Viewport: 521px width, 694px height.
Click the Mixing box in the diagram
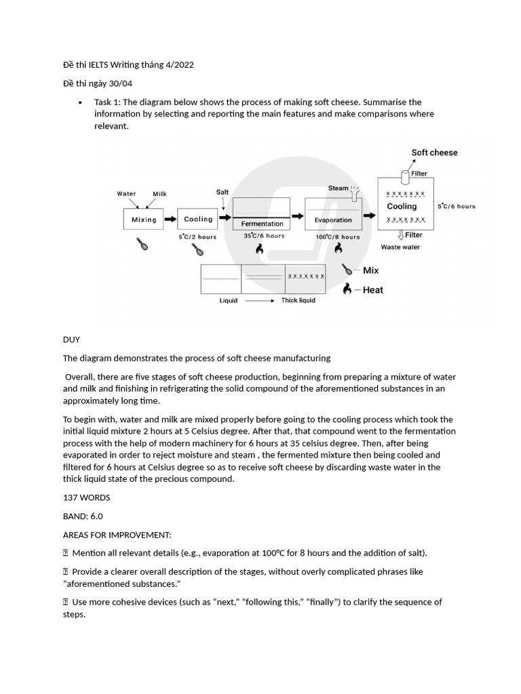[144, 220]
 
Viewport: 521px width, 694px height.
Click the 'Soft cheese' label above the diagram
[434, 152]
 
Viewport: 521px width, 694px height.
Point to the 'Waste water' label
[400, 247]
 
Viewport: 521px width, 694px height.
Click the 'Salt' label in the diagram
[223, 192]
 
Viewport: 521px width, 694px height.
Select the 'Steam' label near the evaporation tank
[339, 188]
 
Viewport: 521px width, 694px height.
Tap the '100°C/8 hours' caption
[337, 237]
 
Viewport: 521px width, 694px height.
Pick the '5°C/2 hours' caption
[197, 237]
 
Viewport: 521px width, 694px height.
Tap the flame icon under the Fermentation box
[259, 249]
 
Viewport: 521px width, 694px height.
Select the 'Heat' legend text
[372, 290]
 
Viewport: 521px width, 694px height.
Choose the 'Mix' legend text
[371, 270]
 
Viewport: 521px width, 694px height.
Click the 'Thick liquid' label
[298, 300]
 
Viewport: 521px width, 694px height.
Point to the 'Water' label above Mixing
[126, 194]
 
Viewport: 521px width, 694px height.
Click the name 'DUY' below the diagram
[71, 340]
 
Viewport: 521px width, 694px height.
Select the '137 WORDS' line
[86, 497]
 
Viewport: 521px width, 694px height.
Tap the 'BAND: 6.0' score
[83, 516]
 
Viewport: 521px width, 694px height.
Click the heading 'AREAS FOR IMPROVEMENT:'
[117, 535]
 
